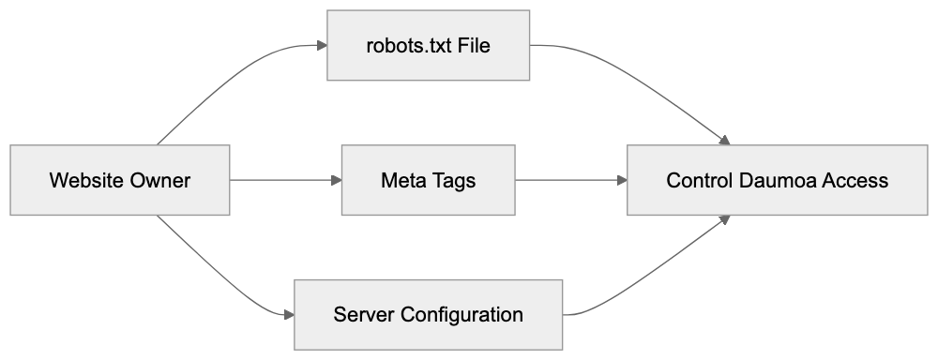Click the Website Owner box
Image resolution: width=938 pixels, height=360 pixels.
click(x=120, y=180)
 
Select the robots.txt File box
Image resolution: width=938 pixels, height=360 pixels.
click(x=429, y=45)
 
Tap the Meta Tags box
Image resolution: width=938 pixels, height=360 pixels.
click(x=428, y=180)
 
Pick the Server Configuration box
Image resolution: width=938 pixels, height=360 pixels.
click(x=429, y=314)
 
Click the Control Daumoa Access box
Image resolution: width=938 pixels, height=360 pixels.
click(x=777, y=180)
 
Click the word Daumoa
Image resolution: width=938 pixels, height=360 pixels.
click(x=773, y=180)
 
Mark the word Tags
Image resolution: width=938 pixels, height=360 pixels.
click(x=454, y=180)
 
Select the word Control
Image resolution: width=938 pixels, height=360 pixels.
click(x=695, y=180)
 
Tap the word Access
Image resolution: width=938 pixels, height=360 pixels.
click(x=855, y=180)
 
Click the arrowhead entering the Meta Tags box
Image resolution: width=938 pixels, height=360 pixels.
click(x=335, y=180)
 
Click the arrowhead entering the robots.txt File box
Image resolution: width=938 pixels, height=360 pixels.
click(x=321, y=45)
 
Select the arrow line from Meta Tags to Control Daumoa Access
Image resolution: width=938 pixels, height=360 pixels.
click(x=567, y=180)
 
